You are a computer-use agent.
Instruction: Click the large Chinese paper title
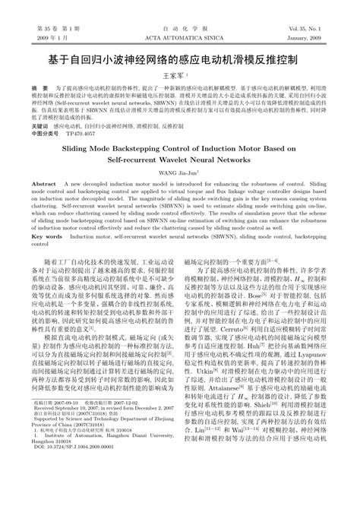coord(180,58)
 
